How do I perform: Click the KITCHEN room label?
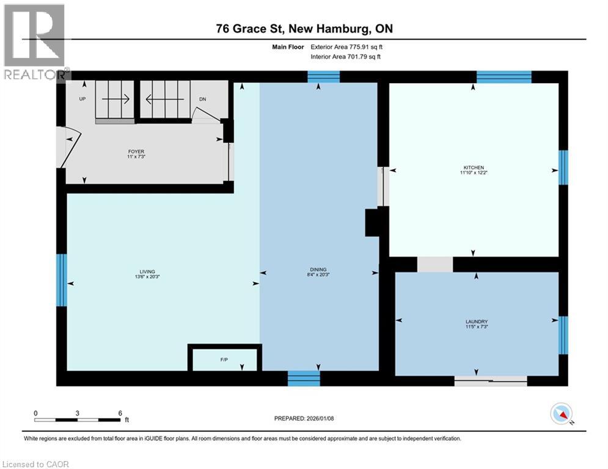pos(474,170)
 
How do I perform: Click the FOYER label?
pos(136,155)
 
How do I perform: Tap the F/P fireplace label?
pos(225,359)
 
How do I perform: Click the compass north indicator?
pos(561,415)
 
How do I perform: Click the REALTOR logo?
pos(34,43)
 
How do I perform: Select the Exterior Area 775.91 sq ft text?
pos(346,46)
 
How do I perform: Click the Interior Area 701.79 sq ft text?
pos(346,57)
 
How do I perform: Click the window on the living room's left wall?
pos(61,280)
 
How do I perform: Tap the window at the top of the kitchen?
pos(504,76)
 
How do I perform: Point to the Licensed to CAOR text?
pos(36,464)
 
